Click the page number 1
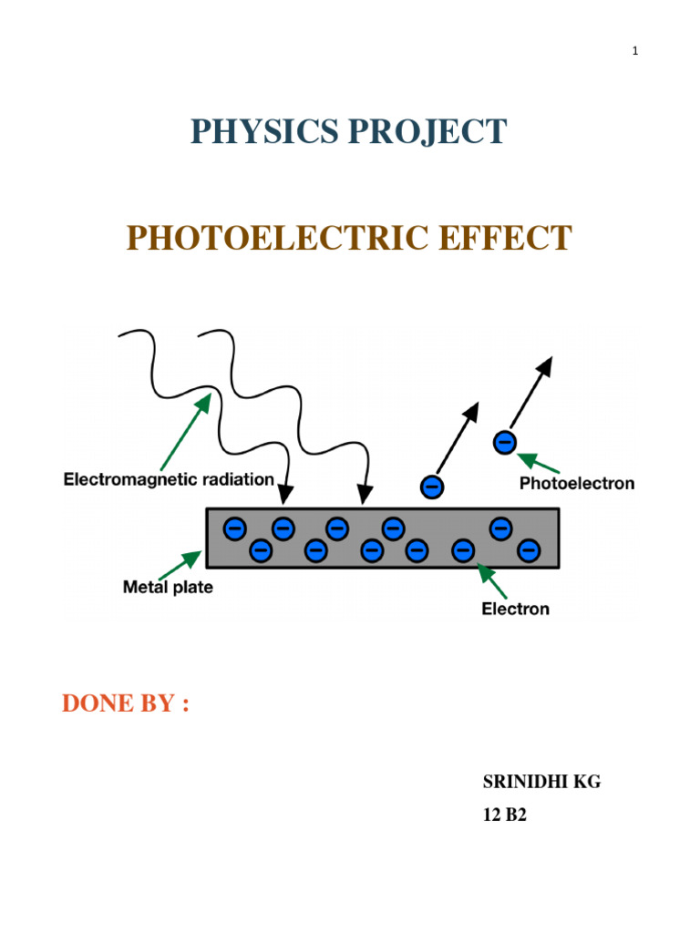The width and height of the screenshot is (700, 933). [635, 51]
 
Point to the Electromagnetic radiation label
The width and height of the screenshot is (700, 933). [169, 479]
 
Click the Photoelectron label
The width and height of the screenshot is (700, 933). [576, 484]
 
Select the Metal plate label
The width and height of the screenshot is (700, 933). [168, 588]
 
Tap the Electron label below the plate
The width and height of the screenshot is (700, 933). [515, 609]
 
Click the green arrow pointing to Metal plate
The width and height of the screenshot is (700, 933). [190, 563]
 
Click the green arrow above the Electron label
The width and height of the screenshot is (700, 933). [492, 581]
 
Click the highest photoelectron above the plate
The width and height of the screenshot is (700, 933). [503, 444]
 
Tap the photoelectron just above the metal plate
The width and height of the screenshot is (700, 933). [432, 487]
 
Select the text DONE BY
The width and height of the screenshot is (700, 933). [125, 704]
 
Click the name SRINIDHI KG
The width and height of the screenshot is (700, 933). [541, 783]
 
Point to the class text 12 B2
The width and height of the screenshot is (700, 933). [504, 816]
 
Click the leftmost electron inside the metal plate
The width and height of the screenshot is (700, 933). [234, 528]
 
